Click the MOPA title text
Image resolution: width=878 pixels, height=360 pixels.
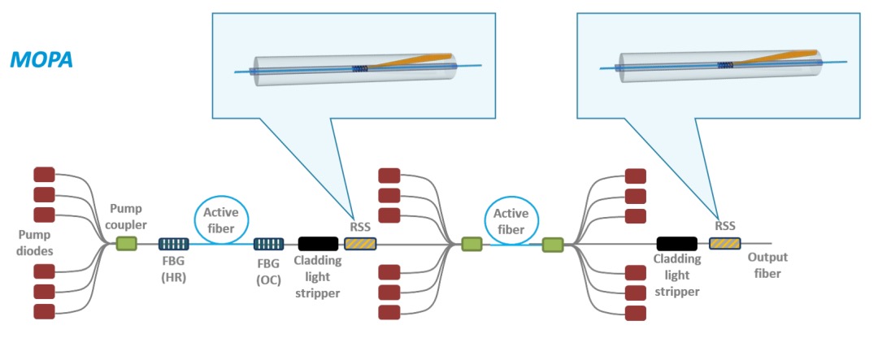(x=41, y=59)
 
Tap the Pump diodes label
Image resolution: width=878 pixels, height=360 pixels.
(x=37, y=243)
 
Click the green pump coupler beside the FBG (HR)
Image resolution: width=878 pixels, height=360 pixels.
(x=126, y=243)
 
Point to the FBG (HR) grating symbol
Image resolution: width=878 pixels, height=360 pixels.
(x=172, y=243)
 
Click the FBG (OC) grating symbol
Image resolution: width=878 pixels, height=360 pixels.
(x=268, y=243)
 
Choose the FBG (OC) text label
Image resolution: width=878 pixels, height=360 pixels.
(x=267, y=270)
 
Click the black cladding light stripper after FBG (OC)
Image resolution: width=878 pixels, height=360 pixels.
(x=318, y=243)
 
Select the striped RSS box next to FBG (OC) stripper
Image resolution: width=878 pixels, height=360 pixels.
(x=360, y=243)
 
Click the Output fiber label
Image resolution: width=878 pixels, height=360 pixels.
(x=768, y=265)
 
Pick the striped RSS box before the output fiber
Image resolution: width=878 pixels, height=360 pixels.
(x=725, y=243)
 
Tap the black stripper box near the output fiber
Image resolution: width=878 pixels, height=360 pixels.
(x=676, y=243)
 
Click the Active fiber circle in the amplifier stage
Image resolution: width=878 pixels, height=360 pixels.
(x=511, y=221)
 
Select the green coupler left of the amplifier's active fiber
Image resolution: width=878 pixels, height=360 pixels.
(x=472, y=243)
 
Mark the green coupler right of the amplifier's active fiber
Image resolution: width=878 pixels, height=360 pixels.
(x=553, y=243)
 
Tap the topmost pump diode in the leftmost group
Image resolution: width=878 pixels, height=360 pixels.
(x=44, y=174)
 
